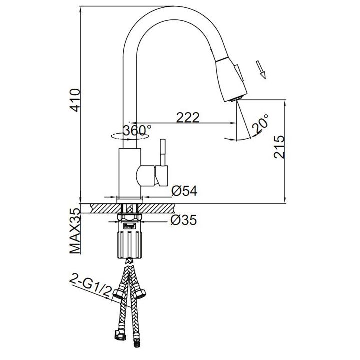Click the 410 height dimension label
click(76, 100)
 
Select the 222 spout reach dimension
click(188, 117)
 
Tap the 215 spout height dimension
click(279, 147)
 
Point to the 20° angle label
click(260, 124)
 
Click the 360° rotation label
click(137, 130)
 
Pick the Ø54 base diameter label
click(184, 191)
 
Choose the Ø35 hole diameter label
click(184, 220)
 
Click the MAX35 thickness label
click(76, 231)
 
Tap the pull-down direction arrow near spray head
click(261, 69)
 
